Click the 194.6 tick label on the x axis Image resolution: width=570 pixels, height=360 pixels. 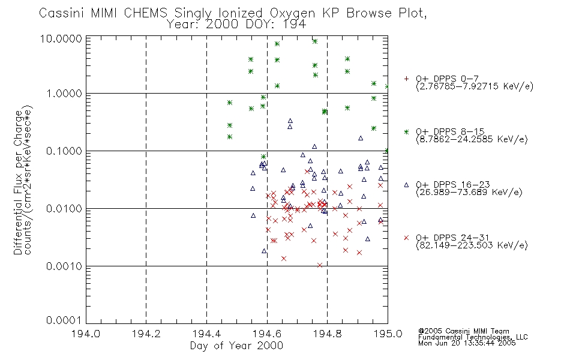267,334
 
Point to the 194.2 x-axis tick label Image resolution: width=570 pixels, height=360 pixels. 146,334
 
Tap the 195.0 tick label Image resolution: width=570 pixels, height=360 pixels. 388,334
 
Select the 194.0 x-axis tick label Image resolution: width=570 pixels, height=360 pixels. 86,334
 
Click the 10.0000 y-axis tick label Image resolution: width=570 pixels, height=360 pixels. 61,38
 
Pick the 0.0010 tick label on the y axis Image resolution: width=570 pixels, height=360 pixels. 64,266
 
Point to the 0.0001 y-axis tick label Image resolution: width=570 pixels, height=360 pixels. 64,320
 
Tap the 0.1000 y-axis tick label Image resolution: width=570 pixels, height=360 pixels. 64,151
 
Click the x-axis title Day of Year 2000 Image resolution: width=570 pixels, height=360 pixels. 236,346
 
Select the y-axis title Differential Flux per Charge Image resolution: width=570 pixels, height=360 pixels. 18,182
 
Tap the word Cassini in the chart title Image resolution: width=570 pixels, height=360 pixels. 61,13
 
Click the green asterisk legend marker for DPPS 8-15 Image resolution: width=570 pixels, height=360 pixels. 406,131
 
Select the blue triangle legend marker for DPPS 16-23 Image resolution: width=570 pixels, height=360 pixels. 406,185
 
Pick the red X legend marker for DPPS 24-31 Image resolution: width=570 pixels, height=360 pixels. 406,238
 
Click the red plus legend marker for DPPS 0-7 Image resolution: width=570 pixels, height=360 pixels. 406,79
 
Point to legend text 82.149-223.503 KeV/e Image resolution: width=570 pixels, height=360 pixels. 472,245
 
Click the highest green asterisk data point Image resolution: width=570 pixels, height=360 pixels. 315,41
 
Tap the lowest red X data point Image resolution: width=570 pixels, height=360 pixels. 320,265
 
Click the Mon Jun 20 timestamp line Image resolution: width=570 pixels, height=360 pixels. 467,343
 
